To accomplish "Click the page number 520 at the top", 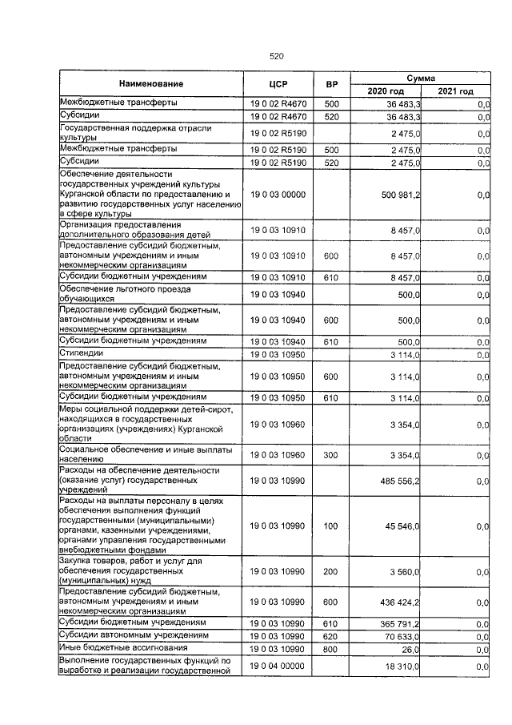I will click(x=277, y=56).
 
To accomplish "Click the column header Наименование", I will click(x=151, y=84).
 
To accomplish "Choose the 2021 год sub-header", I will click(x=455, y=91).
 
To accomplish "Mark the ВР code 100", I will click(x=331, y=526).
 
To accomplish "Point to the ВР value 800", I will click(x=331, y=648).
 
